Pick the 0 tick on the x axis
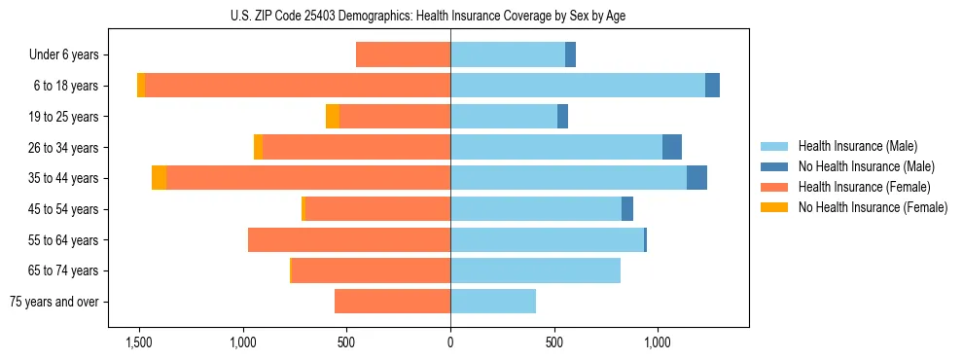point(450,342)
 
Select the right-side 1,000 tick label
point(658,342)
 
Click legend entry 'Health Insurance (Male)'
point(857,146)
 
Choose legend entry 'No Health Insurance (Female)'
point(873,207)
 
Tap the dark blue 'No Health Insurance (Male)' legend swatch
point(775,166)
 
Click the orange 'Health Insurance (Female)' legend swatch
point(775,187)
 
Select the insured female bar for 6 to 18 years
point(298,86)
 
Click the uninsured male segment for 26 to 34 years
point(672,147)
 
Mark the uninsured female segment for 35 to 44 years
point(159,178)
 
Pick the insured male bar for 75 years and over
point(493,302)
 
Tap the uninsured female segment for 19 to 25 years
point(333,117)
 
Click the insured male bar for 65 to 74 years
point(535,270)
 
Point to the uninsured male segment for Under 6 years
point(571,54)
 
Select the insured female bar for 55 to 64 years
point(349,239)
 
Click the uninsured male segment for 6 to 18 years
point(713,86)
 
